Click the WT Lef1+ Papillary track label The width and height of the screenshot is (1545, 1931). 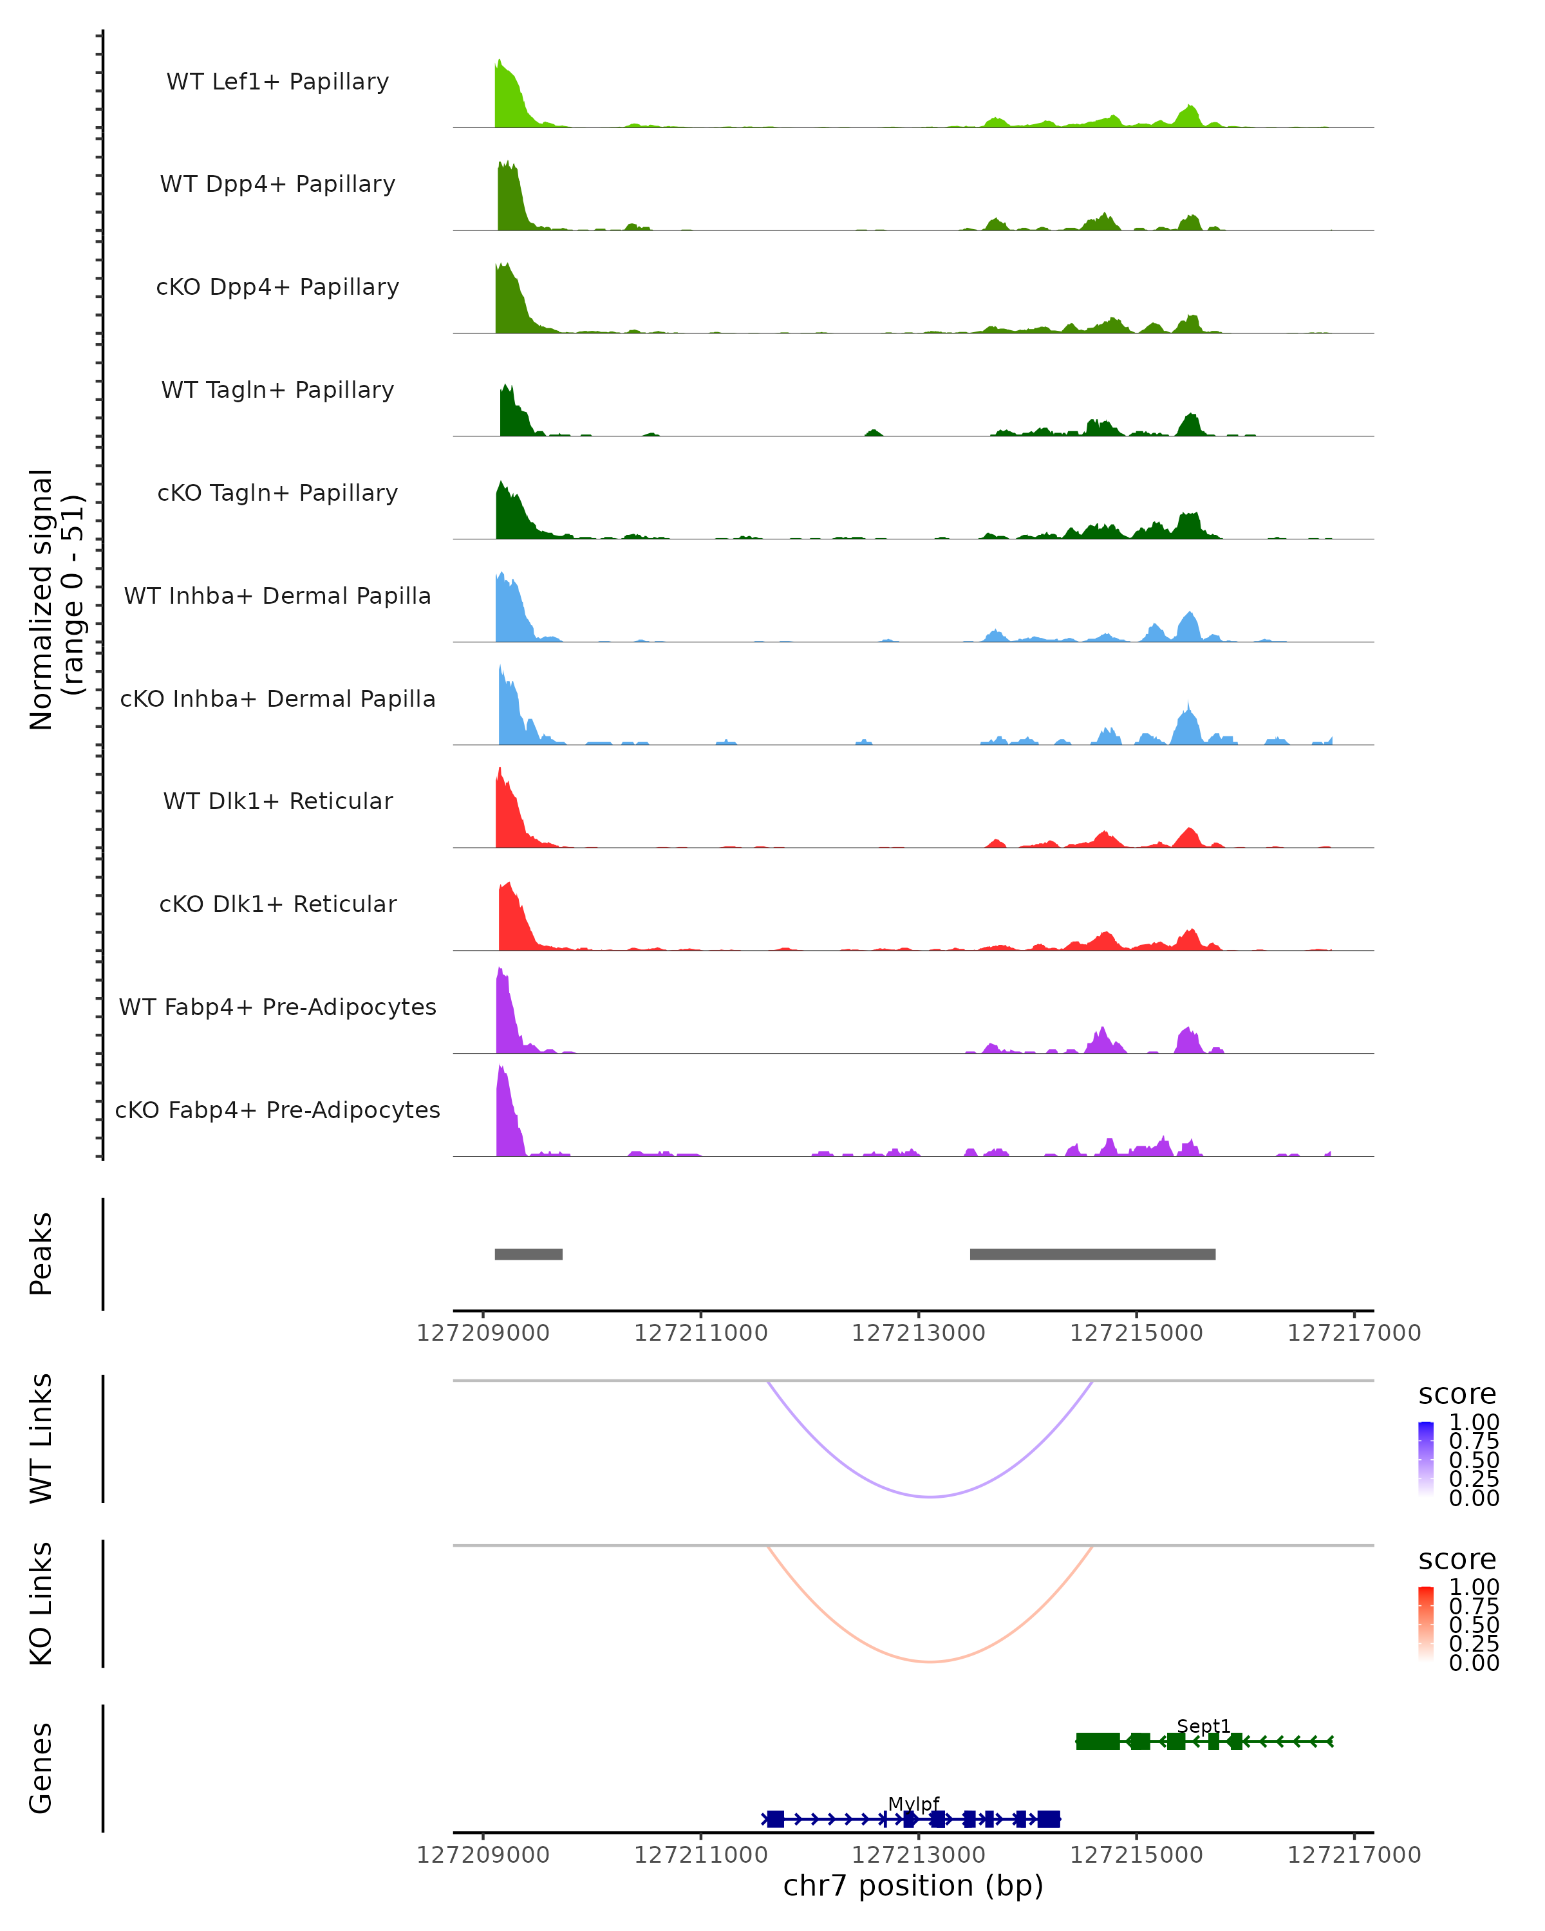pyautogui.click(x=277, y=82)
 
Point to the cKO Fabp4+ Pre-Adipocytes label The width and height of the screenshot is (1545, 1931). pyautogui.click(x=277, y=1110)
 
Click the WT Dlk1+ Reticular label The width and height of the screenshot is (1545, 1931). pyautogui.click(x=277, y=801)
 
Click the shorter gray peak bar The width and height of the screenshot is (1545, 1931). pyautogui.click(x=529, y=1254)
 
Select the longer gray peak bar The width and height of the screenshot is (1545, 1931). pyautogui.click(x=1092, y=1254)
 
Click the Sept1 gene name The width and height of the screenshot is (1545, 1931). pyautogui.click(x=1203, y=1725)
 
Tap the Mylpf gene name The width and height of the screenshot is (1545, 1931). pyautogui.click(x=913, y=1804)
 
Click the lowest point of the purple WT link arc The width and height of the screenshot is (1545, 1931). pyautogui.click(x=931, y=1497)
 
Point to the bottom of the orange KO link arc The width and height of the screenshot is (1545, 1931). pyautogui.click(x=931, y=1661)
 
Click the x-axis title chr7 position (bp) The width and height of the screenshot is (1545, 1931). pyautogui.click(x=913, y=1885)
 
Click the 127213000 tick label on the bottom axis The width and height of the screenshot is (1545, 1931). pyautogui.click(x=918, y=1854)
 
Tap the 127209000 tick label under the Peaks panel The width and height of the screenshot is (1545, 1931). pyautogui.click(x=483, y=1333)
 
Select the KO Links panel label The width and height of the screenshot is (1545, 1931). pyautogui.click(x=41, y=1603)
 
